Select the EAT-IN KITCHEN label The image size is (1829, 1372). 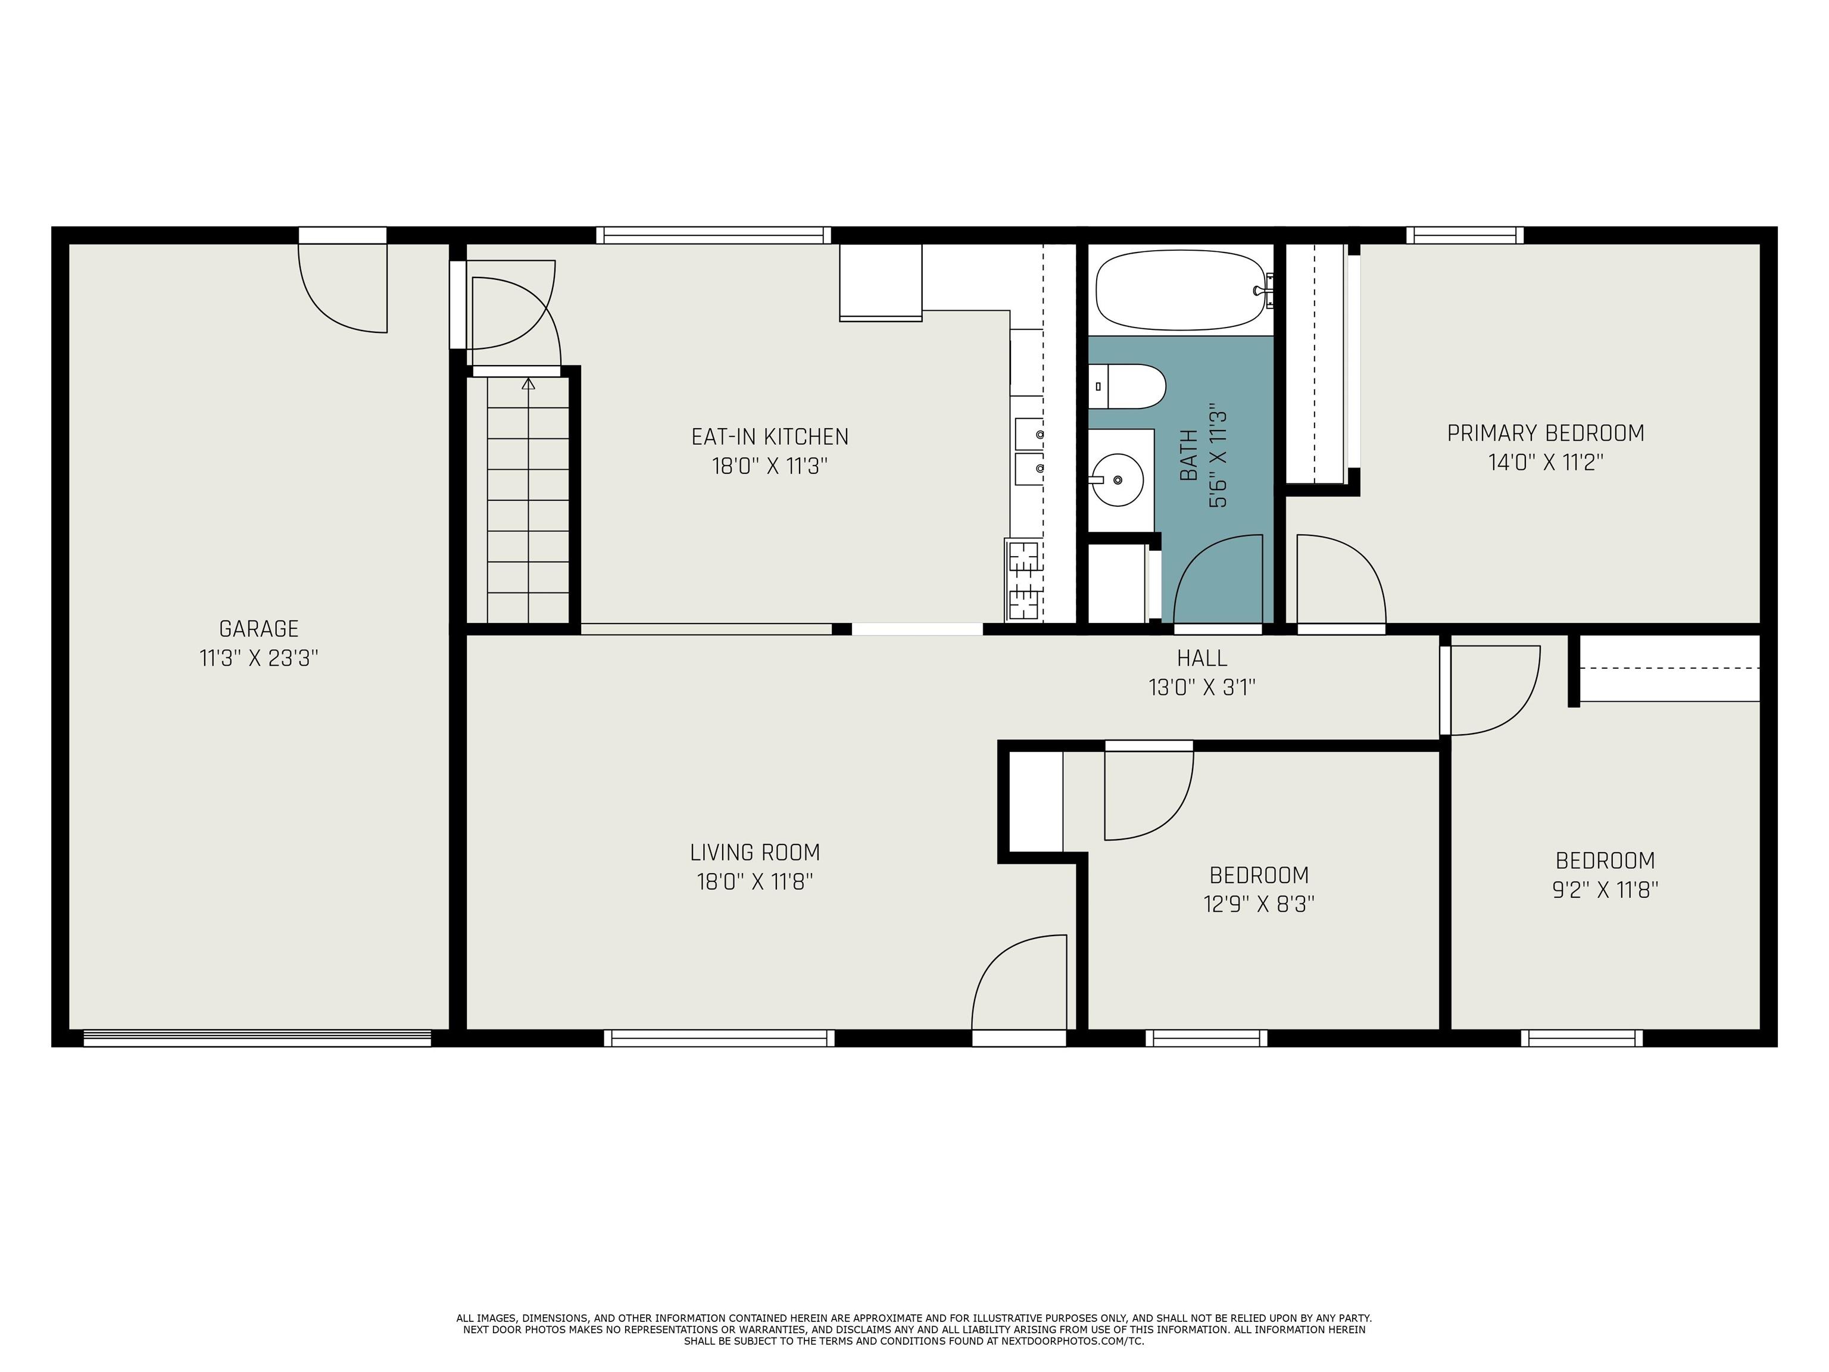click(x=769, y=436)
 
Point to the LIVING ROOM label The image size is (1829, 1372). click(x=754, y=852)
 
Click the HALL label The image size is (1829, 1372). click(x=1201, y=658)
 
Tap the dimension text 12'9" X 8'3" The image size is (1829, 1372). click(x=1259, y=904)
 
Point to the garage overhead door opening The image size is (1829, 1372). click(x=257, y=1038)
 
